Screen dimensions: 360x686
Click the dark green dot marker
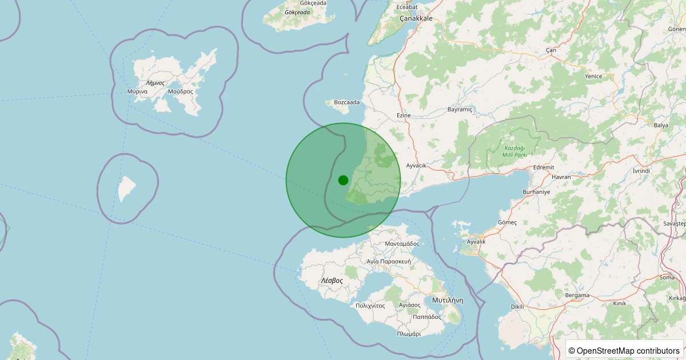(343, 180)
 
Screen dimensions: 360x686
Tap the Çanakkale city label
(416, 18)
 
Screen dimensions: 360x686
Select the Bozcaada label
(347, 102)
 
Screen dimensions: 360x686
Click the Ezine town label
(404, 115)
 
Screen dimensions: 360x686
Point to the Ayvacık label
(416, 166)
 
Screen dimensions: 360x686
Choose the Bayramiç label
(460, 109)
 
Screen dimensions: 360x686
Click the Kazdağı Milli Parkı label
(514, 151)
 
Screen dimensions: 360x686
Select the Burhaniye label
(536, 192)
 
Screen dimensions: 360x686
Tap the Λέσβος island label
(332, 281)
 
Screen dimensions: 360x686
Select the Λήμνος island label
(155, 83)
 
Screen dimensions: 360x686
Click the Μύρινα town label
(138, 91)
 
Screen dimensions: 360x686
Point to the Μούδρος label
(181, 91)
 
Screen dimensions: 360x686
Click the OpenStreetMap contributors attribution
(624, 350)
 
